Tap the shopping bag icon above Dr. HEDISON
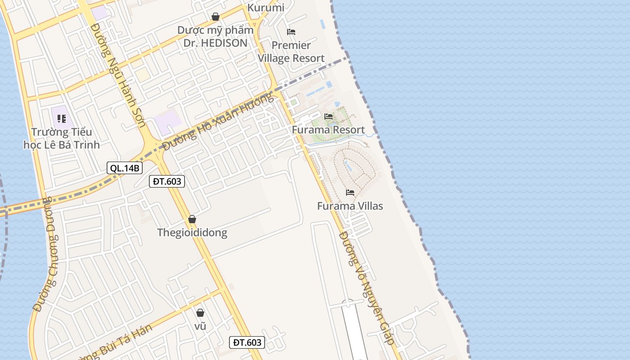tap(216, 17)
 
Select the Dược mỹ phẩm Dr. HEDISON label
tap(215, 36)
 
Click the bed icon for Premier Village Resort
tap(291, 32)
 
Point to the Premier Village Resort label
tap(291, 52)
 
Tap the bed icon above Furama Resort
tap(328, 117)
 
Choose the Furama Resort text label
tap(328, 130)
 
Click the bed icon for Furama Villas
tap(350, 193)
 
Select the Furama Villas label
tap(350, 206)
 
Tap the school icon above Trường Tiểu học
tap(62, 119)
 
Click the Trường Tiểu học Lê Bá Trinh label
tap(62, 138)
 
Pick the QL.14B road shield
tap(125, 168)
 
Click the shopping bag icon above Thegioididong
tap(192, 219)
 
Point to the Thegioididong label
tap(192, 233)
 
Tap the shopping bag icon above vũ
tap(200, 313)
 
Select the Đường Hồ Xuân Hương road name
tap(218, 122)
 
